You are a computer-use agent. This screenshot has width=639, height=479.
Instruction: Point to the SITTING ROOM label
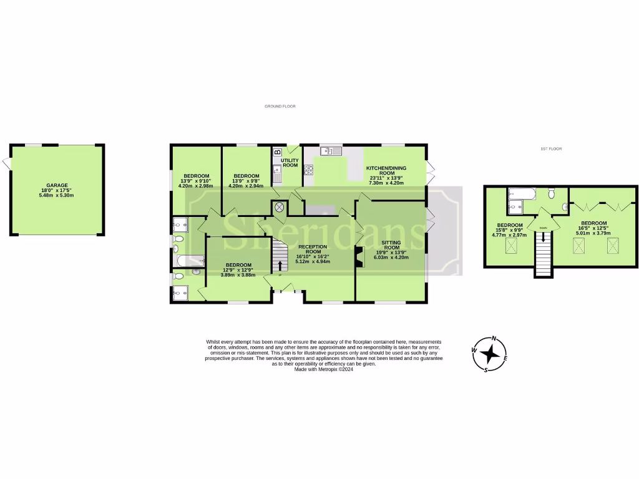[x=391, y=244]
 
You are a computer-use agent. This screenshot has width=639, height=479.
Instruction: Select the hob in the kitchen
[x=308, y=168]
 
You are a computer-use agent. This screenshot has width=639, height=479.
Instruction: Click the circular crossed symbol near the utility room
[x=280, y=206]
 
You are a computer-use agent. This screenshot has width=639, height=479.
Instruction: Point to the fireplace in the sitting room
[x=358, y=257]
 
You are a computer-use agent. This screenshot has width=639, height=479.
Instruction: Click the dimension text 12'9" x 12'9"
[x=239, y=270]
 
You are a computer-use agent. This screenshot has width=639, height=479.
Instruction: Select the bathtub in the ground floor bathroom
[x=188, y=261]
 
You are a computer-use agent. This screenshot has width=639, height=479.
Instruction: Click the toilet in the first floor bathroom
[x=552, y=194]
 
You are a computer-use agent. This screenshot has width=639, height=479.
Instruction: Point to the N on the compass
[x=494, y=339]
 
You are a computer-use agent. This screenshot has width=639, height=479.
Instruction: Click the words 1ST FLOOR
[x=552, y=149]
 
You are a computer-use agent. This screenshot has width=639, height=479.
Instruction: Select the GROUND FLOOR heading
[x=280, y=107]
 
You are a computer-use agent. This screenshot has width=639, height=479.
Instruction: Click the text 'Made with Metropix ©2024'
[x=324, y=369]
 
